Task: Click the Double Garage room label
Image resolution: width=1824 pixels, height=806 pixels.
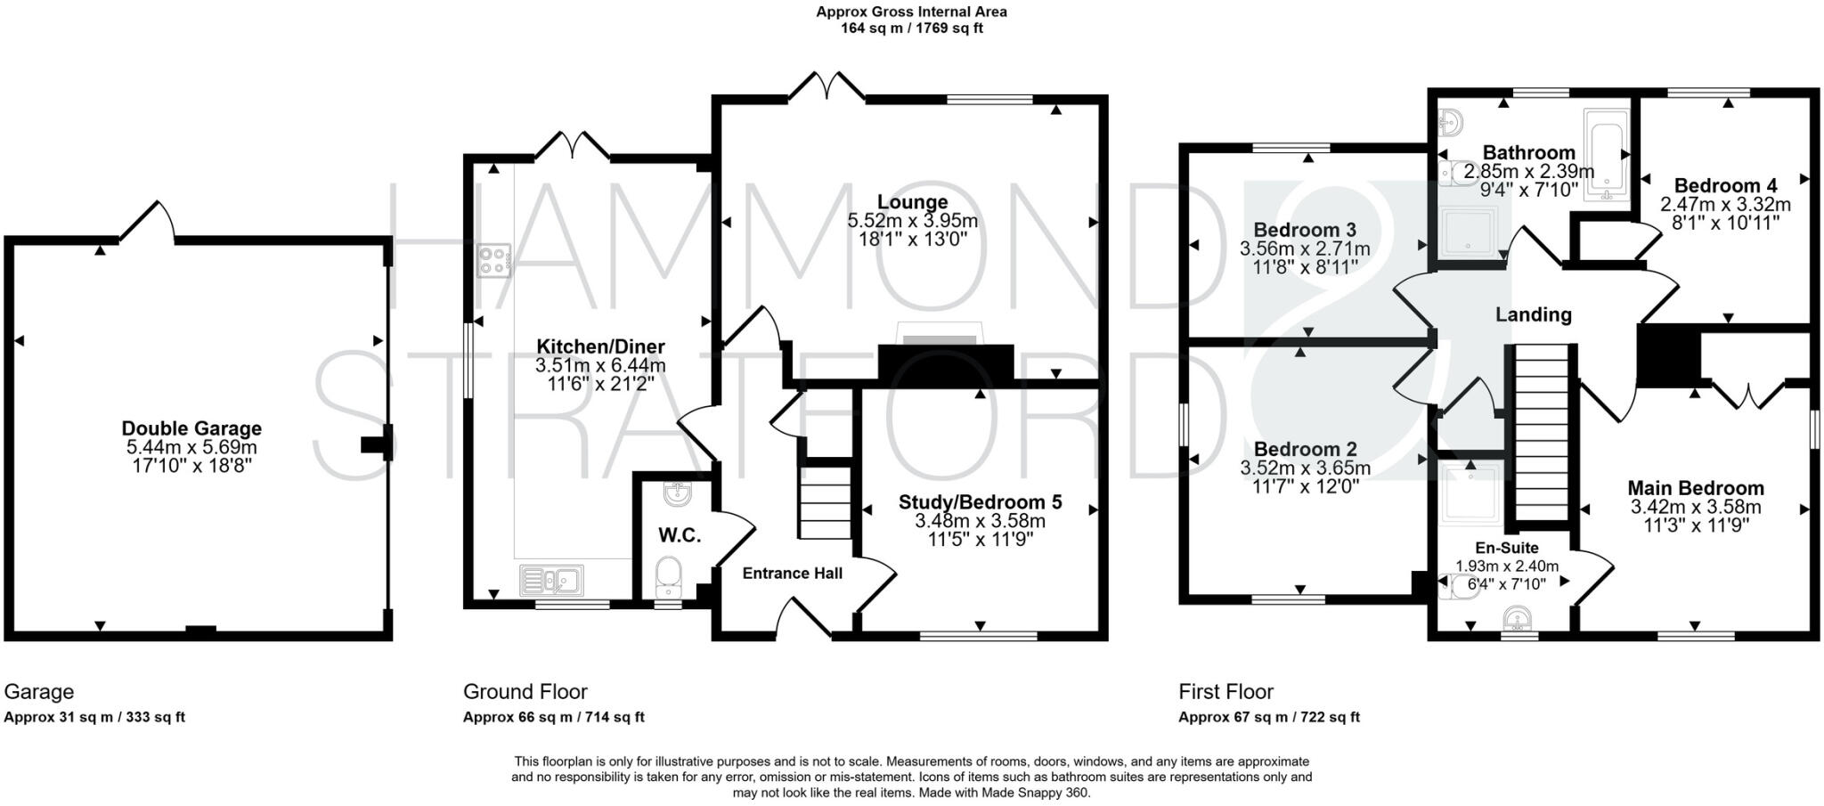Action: point(191,428)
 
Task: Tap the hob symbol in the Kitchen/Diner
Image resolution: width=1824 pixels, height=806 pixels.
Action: point(493,261)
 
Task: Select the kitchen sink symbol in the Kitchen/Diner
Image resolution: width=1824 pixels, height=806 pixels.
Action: point(551,581)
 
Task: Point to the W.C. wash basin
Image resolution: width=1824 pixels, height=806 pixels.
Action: point(678,493)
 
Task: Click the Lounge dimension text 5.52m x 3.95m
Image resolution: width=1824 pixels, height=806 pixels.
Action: point(912,221)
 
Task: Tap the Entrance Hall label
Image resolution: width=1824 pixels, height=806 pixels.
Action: point(792,574)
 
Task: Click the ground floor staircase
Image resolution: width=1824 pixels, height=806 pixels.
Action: point(825,499)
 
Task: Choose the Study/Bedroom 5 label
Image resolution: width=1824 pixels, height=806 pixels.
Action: point(980,502)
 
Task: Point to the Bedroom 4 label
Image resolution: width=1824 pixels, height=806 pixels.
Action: point(1725,185)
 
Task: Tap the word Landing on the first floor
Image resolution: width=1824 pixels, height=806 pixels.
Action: point(1533,314)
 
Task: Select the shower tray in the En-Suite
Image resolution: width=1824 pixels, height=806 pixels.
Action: point(1470,493)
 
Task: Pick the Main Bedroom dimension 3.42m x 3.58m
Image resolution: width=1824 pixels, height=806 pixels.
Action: point(1696,508)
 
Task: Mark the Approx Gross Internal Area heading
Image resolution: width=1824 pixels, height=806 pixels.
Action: point(911,12)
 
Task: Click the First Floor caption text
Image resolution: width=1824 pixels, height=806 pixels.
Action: point(1225,692)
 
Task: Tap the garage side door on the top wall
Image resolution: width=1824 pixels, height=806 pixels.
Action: point(148,221)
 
